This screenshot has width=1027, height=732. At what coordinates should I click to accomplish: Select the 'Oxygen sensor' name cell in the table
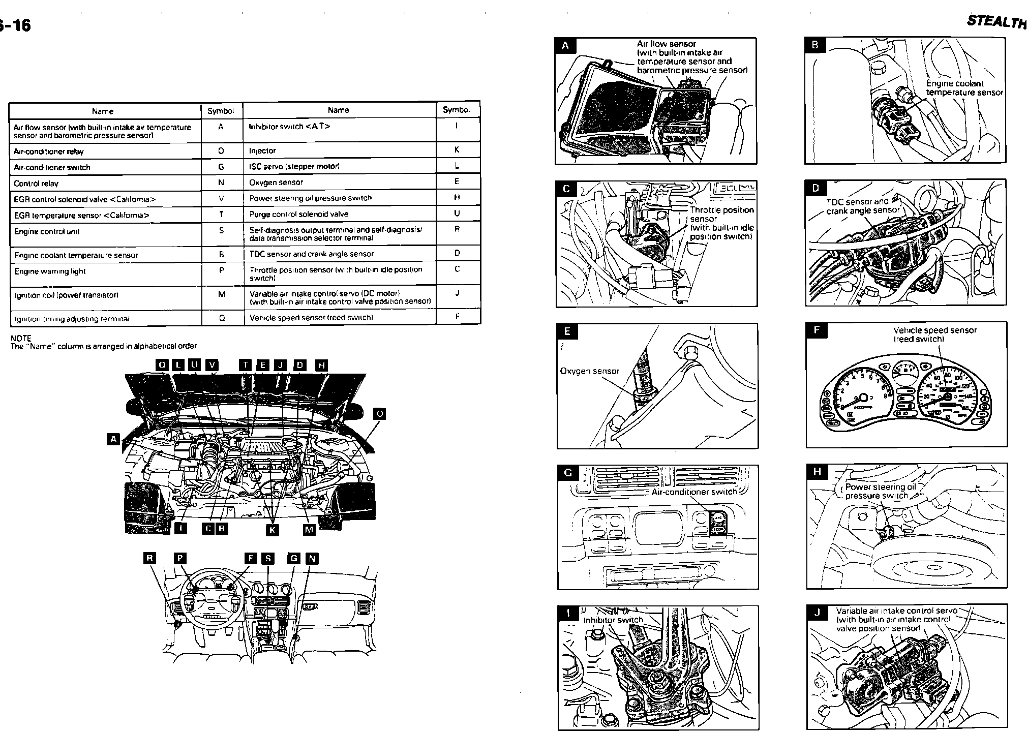pos(276,182)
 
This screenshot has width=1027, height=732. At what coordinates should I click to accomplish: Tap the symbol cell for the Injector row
pos(457,150)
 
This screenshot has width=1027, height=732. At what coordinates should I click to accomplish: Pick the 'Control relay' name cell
pos(36,184)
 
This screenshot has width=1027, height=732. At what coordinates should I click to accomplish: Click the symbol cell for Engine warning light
pos(222,270)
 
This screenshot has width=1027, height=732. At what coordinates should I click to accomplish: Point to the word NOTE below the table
pos(21,338)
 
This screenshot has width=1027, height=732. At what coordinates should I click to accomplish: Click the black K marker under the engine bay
pos(273,530)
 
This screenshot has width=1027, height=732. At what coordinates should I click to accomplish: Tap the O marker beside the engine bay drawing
pos(379,414)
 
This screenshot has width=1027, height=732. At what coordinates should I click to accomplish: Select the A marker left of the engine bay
pos(113,439)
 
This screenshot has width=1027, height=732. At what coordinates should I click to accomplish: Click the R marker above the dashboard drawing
pos(149,558)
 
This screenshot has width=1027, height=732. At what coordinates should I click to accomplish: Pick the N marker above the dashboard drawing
pos(312,559)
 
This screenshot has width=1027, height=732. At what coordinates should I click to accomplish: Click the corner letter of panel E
pos(567,332)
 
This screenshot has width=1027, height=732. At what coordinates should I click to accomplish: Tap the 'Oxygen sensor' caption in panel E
pos(589,371)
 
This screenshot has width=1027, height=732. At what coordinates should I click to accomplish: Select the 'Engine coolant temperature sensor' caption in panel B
pos(964,88)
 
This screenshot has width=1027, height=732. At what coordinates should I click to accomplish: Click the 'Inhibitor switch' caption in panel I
pos(613,620)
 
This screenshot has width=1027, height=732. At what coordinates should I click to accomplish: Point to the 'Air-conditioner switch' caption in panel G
pos(694,492)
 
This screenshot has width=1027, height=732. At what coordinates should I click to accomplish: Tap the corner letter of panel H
pos(817,472)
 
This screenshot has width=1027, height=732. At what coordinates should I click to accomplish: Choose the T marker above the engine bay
pos(246,365)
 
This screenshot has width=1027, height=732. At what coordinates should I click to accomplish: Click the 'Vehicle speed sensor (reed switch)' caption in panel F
pos(934,334)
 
